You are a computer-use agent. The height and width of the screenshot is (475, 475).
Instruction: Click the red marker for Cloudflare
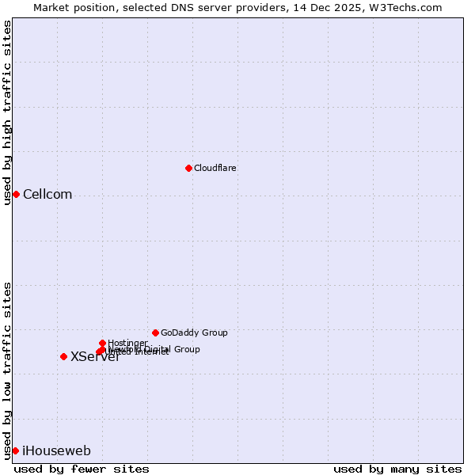188,168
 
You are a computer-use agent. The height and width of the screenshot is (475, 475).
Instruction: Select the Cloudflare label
215,168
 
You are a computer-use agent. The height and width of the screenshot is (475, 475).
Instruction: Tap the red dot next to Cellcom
16,194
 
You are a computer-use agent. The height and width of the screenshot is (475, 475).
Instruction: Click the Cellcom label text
47,195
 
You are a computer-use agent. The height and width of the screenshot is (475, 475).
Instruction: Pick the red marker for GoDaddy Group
155,332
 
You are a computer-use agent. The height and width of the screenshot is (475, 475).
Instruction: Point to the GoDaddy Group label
194,332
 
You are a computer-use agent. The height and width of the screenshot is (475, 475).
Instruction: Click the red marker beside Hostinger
102,343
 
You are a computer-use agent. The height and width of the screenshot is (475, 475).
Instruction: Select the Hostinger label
127,343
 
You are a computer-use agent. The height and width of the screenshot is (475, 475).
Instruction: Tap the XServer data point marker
63,356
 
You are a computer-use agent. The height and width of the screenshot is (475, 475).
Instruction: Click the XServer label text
95,357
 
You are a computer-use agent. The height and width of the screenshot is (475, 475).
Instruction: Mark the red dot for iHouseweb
15,450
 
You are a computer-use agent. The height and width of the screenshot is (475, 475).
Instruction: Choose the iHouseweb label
56,451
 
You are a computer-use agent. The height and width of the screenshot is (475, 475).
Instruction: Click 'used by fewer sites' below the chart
82,469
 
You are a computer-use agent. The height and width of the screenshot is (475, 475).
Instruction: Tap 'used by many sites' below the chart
397,469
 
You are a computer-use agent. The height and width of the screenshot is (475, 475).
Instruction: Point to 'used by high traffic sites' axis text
7,113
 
